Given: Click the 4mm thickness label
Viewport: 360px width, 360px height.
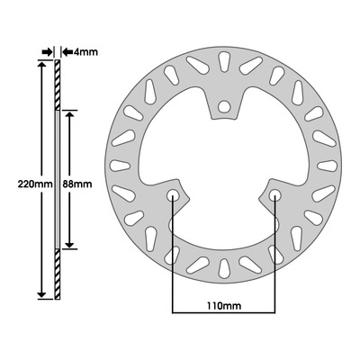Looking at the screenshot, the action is tap(85, 52).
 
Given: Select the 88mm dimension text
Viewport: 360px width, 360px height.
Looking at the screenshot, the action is tap(77, 184).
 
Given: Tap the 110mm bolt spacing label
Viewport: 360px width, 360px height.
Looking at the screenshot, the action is tap(223, 306).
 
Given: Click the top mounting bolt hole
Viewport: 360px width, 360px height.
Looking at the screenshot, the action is tap(223, 106).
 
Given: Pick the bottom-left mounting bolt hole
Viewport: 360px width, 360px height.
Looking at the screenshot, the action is tap(173, 195).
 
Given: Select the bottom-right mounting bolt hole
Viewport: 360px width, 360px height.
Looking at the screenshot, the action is tap(274, 195).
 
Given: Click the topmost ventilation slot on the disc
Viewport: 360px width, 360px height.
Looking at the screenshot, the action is tap(223, 62).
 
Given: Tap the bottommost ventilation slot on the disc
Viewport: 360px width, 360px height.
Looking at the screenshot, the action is tap(223, 268).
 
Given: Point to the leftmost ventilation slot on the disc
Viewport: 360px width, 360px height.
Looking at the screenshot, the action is tap(121, 166).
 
